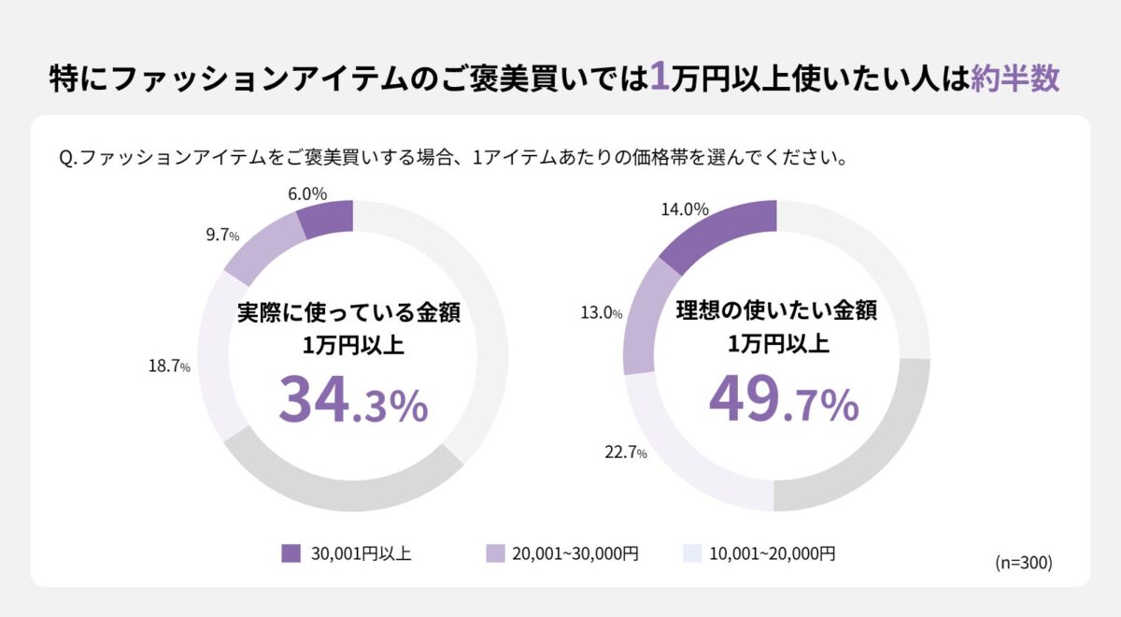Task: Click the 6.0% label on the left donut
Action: [306, 194]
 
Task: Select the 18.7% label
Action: [169, 366]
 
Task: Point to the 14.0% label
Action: [684, 209]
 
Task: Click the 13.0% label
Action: [601, 313]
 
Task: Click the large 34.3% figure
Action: [353, 401]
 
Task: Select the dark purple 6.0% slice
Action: [327, 220]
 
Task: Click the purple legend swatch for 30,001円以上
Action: [291, 553]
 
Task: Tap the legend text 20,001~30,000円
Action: [575, 553]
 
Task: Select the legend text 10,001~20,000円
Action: [773, 553]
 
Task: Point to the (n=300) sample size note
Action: [1024, 563]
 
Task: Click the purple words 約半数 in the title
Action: [1015, 79]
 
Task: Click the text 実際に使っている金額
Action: [352, 311]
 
